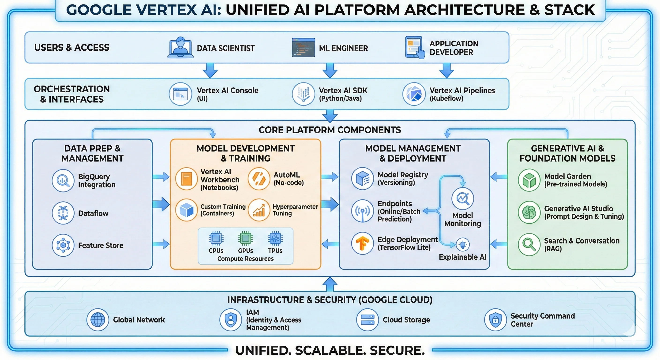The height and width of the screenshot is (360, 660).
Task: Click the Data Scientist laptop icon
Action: pyautogui.click(x=180, y=48)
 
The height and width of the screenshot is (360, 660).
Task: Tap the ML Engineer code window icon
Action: pyautogui.click(x=303, y=48)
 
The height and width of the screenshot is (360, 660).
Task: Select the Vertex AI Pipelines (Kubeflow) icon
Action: pyautogui.click(x=414, y=94)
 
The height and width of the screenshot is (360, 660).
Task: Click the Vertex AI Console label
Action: pyautogui.click(x=227, y=90)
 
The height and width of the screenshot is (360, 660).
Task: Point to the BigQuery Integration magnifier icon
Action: pyautogui.click(x=63, y=180)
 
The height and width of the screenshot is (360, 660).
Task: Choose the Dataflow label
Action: pyautogui.click(x=93, y=213)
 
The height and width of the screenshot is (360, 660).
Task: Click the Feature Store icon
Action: pyautogui.click(x=63, y=245)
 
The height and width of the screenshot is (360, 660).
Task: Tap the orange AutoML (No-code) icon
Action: pyautogui.click(x=259, y=179)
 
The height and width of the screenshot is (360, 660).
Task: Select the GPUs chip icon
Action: pyautogui.click(x=245, y=238)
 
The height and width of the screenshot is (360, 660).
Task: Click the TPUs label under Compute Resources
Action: pyautogui.click(x=275, y=251)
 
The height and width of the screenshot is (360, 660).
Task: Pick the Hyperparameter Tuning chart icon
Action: pyautogui.click(x=259, y=210)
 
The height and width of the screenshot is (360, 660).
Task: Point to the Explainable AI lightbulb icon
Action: pyautogui.click(x=463, y=244)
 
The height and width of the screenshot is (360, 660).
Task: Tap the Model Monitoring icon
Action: pyautogui.click(x=463, y=199)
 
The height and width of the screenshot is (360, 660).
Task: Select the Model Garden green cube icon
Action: pyautogui.click(x=529, y=180)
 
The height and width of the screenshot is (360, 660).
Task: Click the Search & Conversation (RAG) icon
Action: pyautogui.click(x=529, y=244)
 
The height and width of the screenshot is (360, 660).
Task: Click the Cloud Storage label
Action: pyautogui.click(x=406, y=320)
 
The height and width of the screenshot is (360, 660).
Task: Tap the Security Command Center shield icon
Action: pyautogui.click(x=495, y=319)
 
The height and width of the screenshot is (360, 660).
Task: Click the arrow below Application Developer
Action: pyautogui.click(x=446, y=71)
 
